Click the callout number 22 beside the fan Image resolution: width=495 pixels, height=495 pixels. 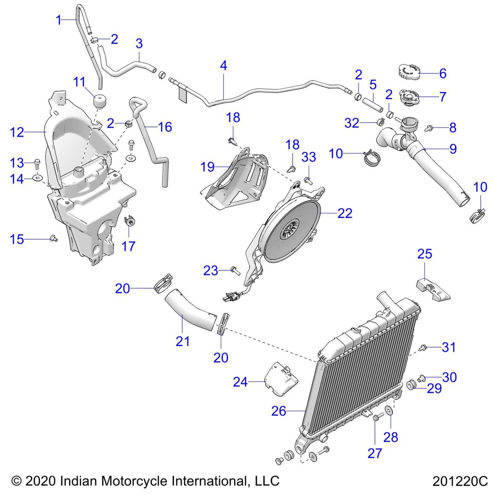[x=345, y=213]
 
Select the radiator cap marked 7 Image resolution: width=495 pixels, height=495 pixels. [x=409, y=97]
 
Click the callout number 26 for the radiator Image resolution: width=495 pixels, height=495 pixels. [x=279, y=411]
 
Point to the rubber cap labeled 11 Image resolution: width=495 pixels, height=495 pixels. [x=99, y=101]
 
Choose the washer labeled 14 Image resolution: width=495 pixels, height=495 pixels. [x=38, y=179]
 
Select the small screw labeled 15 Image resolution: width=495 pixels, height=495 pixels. [x=52, y=238]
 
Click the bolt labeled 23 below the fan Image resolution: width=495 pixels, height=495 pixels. [x=235, y=270]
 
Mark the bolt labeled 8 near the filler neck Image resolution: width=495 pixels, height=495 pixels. [x=429, y=128]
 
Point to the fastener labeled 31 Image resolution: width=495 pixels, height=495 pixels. [x=423, y=347]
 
